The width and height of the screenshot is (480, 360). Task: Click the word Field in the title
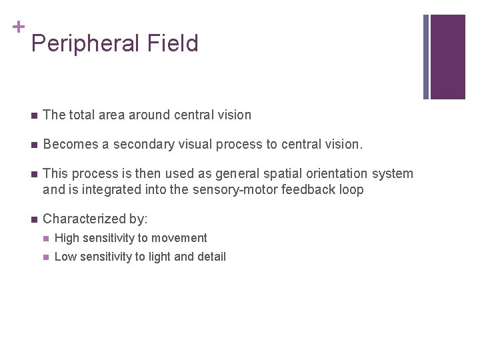pos(174,43)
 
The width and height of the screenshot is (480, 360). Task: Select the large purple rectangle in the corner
pos(447,57)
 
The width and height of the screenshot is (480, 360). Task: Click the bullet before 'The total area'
pos(33,115)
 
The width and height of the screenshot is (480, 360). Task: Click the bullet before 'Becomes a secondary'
pos(33,145)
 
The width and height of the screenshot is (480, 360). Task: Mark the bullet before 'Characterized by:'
pos(33,219)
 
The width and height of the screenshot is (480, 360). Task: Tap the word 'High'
pos(66,238)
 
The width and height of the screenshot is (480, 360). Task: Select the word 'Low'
pos(65,257)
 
